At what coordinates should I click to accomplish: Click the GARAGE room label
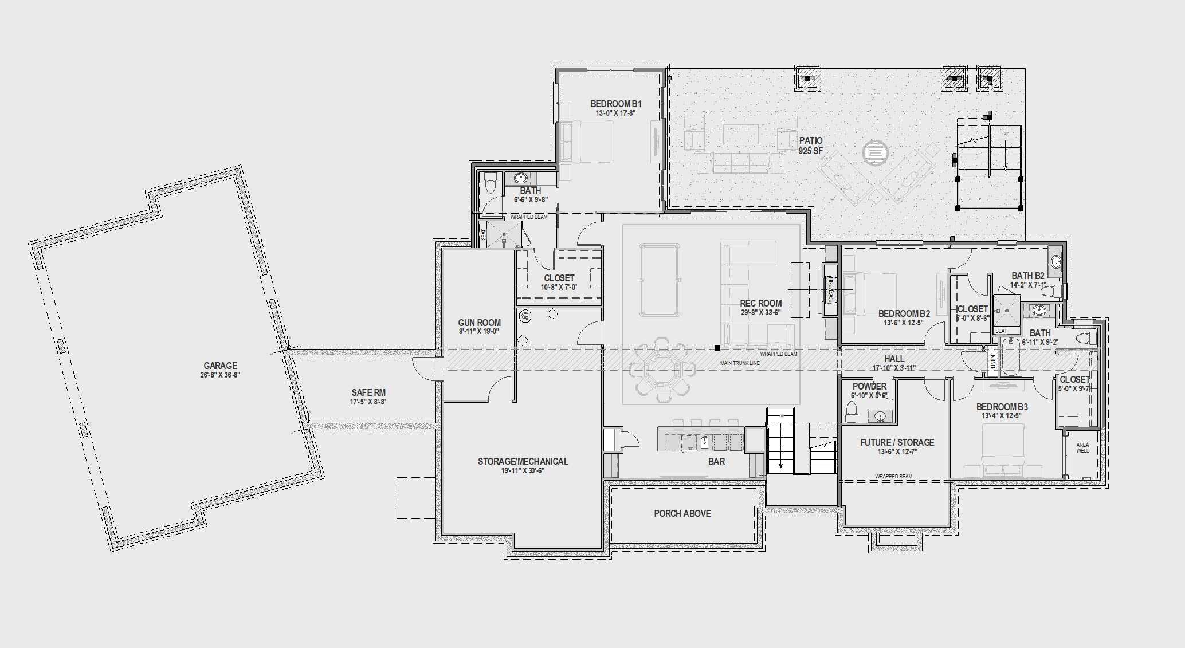point(220,366)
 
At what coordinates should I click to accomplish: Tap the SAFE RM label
point(368,392)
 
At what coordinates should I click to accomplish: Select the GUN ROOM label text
point(479,323)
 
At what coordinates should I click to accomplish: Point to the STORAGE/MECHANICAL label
point(523,461)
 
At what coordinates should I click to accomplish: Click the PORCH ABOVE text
point(682,513)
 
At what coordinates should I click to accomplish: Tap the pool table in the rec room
point(660,280)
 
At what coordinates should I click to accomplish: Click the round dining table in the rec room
point(662,367)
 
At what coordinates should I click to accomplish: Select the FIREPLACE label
point(830,289)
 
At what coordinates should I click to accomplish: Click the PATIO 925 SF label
point(810,145)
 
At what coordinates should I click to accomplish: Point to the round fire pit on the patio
point(876,152)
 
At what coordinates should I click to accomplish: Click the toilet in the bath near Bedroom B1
point(491,183)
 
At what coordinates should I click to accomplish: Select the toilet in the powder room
point(852,410)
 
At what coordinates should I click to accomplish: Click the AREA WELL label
point(1082,447)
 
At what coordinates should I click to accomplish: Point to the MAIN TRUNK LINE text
point(740,363)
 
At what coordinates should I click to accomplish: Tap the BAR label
point(716,461)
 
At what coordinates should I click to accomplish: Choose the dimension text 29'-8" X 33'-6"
point(760,312)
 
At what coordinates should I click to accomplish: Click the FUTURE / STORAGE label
point(897,442)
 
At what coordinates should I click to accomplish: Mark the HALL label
point(894,359)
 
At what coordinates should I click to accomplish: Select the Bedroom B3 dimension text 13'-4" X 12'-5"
point(1002,416)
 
